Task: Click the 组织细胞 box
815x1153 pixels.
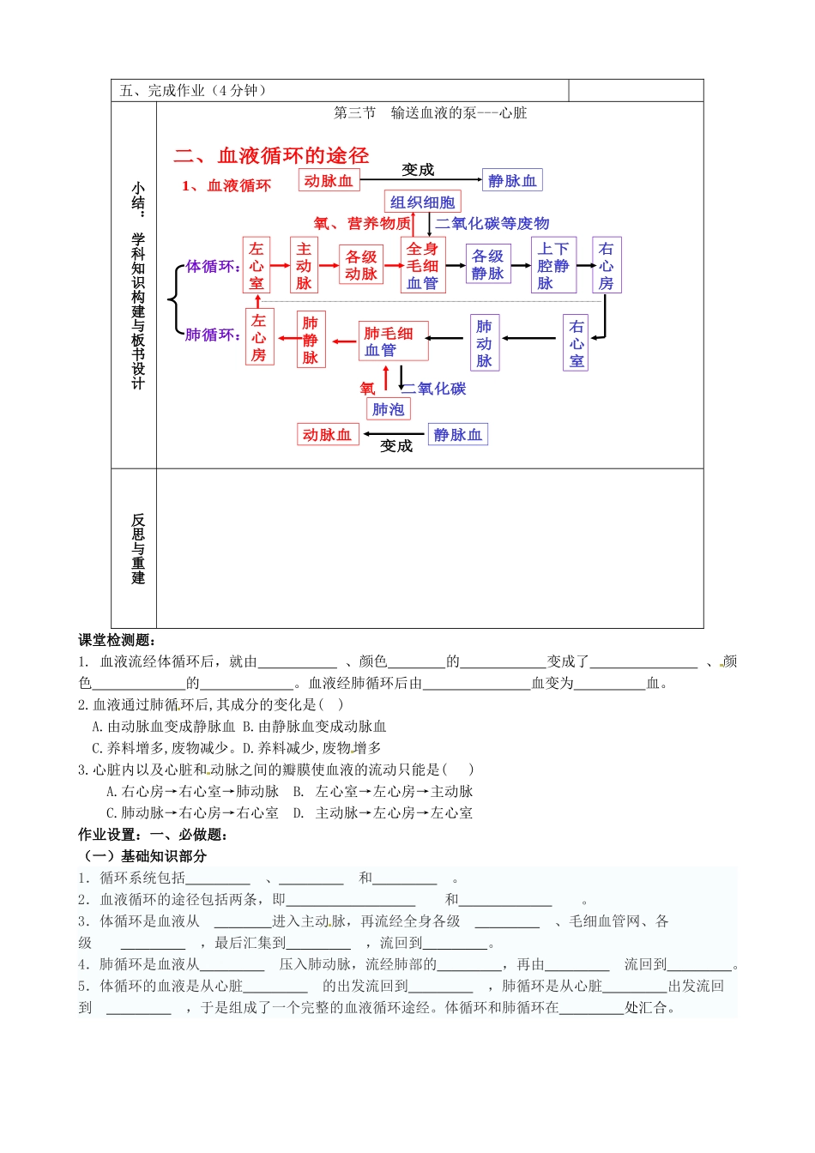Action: (422, 202)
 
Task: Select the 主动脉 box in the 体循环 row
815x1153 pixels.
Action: (304, 265)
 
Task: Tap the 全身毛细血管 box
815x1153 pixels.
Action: (422, 265)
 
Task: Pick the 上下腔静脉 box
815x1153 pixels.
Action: (553, 265)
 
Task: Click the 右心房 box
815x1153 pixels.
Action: (606, 265)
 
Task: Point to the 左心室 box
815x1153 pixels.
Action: (257, 265)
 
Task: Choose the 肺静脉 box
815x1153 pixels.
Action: (310, 340)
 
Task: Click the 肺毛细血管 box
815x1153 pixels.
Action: (392, 341)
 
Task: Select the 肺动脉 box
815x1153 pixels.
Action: (484, 342)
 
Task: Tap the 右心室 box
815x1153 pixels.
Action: (577, 343)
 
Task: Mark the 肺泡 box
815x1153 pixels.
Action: (388, 409)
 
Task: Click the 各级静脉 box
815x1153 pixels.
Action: (487, 264)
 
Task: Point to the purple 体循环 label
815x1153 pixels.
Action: (213, 267)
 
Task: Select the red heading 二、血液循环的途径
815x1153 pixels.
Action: (271, 155)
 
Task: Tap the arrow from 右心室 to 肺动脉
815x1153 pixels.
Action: (532, 339)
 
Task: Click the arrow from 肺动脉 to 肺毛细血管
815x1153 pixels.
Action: (449, 339)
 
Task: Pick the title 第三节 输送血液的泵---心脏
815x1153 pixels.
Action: (430, 112)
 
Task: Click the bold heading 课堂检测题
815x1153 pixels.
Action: (116, 640)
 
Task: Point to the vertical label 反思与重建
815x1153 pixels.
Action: (138, 549)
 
